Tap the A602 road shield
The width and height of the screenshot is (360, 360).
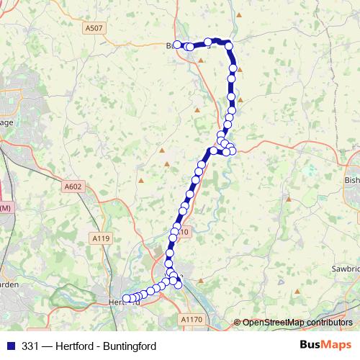click(73, 186)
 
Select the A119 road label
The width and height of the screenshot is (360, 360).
click(100, 238)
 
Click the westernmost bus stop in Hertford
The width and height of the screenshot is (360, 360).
click(126, 299)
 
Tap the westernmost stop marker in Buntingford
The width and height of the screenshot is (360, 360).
click(177, 45)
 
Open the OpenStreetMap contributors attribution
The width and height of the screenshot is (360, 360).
click(297, 322)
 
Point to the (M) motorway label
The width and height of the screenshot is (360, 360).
click(6, 208)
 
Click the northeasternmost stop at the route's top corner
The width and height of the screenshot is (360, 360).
click(229, 46)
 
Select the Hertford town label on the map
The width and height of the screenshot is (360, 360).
click(122, 303)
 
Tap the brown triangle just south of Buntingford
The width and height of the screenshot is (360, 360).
click(201, 62)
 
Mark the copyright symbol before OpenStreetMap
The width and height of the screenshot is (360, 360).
click(238, 322)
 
